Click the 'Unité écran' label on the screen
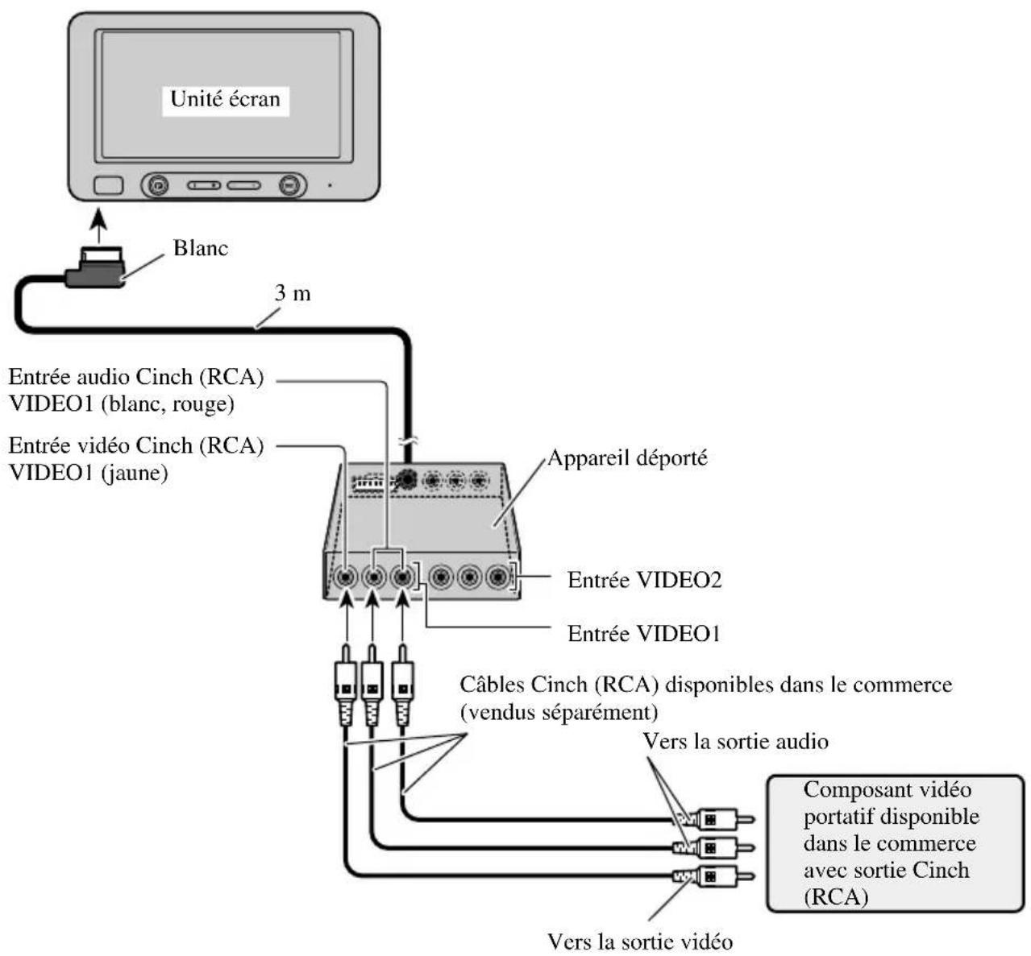pyautogui.click(x=225, y=99)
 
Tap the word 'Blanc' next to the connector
pyautogui.click(x=201, y=247)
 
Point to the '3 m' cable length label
pyautogui.click(x=292, y=292)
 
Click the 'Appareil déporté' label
pyautogui.click(x=627, y=458)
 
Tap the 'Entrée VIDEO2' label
pyautogui.click(x=644, y=580)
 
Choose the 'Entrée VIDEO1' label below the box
pyautogui.click(x=643, y=634)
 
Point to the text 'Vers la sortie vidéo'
pyautogui.click(x=640, y=941)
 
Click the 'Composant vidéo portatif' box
pyautogui.click(x=894, y=843)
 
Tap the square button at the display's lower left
pyautogui.click(x=108, y=185)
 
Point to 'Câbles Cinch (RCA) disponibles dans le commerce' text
pyautogui.click(x=705, y=685)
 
